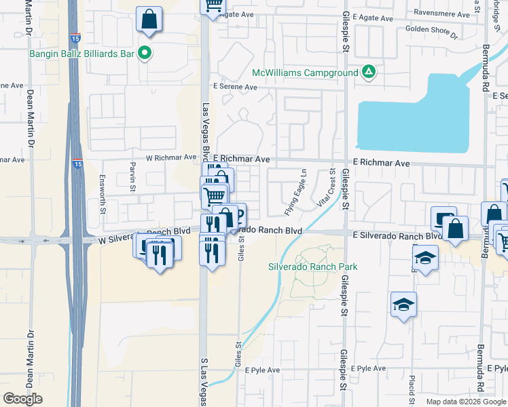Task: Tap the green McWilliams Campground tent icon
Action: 368,71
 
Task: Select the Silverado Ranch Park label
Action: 312,267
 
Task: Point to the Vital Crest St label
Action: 327,190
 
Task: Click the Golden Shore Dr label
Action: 431,30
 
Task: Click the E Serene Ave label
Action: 235,87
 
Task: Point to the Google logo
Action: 23,399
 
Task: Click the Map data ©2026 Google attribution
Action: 466,402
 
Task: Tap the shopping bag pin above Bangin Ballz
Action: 149,20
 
